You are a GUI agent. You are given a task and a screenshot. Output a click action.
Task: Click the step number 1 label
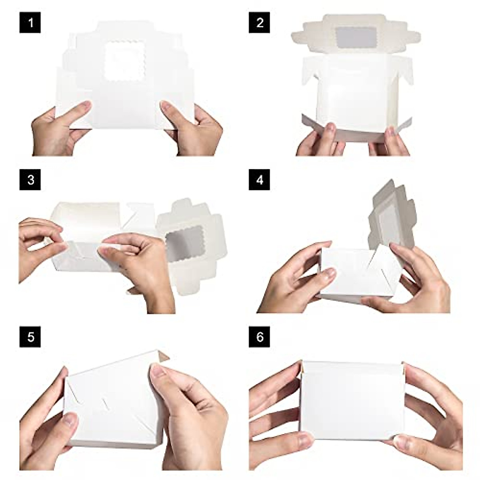point(30,22)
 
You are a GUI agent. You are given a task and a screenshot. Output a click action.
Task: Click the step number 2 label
point(259,22)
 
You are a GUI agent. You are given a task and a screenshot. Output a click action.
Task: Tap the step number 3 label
point(30,180)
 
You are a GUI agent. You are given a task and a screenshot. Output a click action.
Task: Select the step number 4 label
point(259,180)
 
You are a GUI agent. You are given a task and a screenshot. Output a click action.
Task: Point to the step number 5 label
point(30,337)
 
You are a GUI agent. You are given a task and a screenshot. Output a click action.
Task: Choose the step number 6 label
point(259,337)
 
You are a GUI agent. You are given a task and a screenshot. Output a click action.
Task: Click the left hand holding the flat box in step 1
point(60,128)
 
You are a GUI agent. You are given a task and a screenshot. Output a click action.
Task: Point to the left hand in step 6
point(276,416)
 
